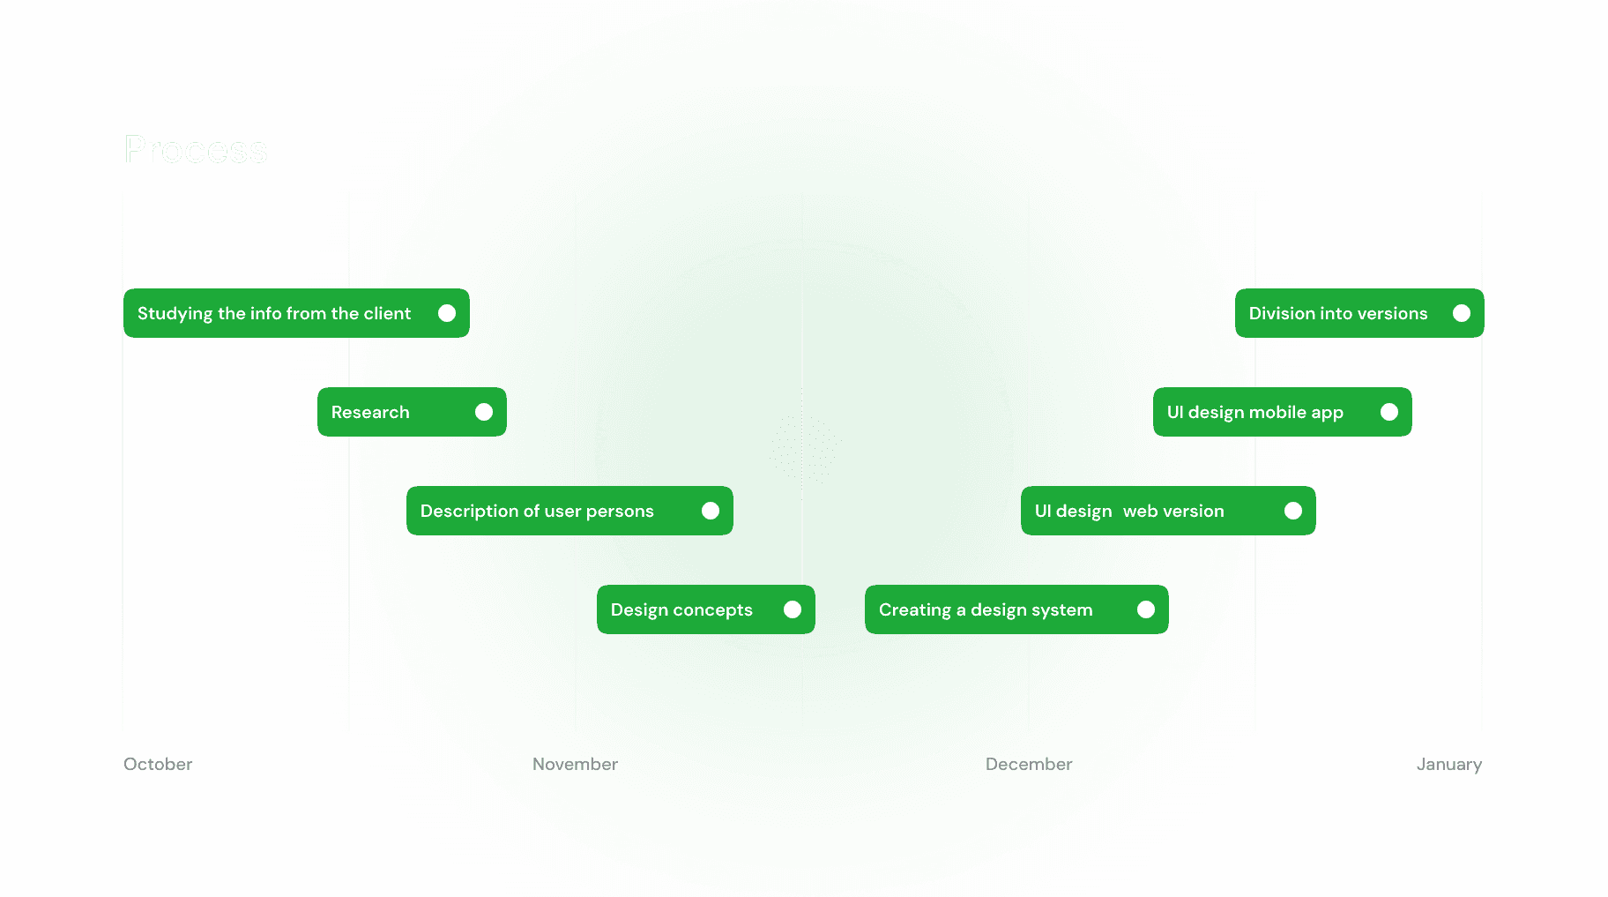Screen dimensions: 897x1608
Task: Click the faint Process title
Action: (x=196, y=150)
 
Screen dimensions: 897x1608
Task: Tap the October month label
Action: (x=158, y=764)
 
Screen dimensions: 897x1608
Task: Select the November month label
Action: (x=575, y=764)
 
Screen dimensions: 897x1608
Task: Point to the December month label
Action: (x=1029, y=764)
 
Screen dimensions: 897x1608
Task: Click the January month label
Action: (x=1448, y=764)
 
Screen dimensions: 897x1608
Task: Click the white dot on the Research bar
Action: (x=484, y=412)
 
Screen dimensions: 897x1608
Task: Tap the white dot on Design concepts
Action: (x=793, y=609)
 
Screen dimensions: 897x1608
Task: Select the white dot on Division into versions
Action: (x=1462, y=313)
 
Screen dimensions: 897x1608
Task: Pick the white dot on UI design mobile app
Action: (x=1389, y=412)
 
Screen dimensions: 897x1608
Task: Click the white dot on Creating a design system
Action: (x=1146, y=609)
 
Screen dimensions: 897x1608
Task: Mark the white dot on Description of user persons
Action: (x=711, y=511)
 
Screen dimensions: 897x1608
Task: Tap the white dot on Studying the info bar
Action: (x=447, y=313)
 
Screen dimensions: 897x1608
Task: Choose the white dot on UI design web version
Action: (x=1293, y=511)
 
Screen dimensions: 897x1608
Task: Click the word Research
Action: (x=370, y=412)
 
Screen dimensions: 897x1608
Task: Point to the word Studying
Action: (x=175, y=314)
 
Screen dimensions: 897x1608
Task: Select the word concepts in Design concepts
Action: (x=712, y=610)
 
